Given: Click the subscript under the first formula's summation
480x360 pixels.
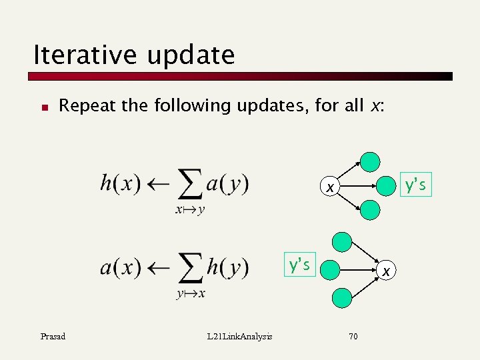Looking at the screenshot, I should (x=190, y=211).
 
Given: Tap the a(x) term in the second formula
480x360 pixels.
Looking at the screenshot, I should (x=120, y=268).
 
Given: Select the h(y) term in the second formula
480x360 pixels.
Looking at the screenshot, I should (x=227, y=268).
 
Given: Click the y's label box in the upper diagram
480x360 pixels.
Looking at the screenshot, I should (x=415, y=185).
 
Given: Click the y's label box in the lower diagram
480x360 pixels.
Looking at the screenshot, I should (x=299, y=265).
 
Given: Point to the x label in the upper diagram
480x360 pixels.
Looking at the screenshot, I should (x=329, y=188).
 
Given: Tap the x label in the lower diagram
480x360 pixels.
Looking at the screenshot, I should (x=385, y=270).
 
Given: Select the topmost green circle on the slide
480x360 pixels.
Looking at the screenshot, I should (x=369, y=162).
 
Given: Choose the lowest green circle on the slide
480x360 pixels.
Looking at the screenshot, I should (x=342, y=298).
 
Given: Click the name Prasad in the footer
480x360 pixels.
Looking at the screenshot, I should (x=53, y=336).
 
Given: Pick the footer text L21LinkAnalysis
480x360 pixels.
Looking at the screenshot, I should (x=239, y=336).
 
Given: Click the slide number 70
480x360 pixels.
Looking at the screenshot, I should (x=353, y=336).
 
